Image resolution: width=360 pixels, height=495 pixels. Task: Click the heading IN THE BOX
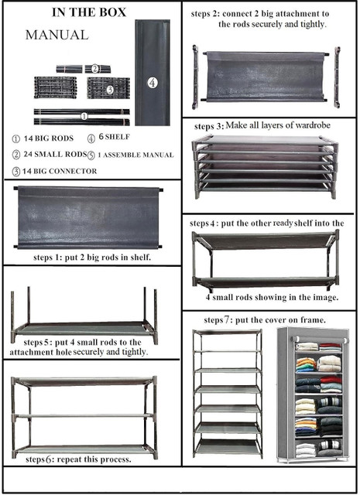click(x=89, y=12)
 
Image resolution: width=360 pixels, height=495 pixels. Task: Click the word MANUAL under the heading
click(x=57, y=35)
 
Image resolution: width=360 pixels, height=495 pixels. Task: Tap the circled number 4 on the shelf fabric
click(x=153, y=83)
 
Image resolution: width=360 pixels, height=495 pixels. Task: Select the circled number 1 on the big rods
click(x=84, y=117)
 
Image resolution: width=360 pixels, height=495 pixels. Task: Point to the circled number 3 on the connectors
click(x=110, y=90)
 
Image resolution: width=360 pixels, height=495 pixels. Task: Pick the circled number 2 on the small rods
click(x=95, y=69)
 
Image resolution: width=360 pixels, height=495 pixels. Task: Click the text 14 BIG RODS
click(x=49, y=138)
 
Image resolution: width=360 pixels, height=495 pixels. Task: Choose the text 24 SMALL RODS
click(x=55, y=155)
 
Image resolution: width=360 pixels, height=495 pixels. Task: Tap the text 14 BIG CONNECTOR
click(x=60, y=172)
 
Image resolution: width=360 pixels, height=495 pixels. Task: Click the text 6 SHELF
click(x=114, y=137)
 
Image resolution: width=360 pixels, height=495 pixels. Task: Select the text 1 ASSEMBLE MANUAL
click(x=135, y=155)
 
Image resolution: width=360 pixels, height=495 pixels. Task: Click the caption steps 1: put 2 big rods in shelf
click(x=92, y=258)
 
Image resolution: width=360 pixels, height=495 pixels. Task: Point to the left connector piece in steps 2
click(x=195, y=77)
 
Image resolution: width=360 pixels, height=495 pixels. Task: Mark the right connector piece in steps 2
click(x=338, y=77)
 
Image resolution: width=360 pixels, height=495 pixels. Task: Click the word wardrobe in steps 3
click(x=313, y=125)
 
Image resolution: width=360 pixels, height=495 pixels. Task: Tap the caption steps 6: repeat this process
click(x=78, y=459)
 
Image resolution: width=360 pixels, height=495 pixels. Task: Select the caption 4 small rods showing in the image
click(x=272, y=297)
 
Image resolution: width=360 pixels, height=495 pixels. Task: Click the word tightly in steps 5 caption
click(x=135, y=352)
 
